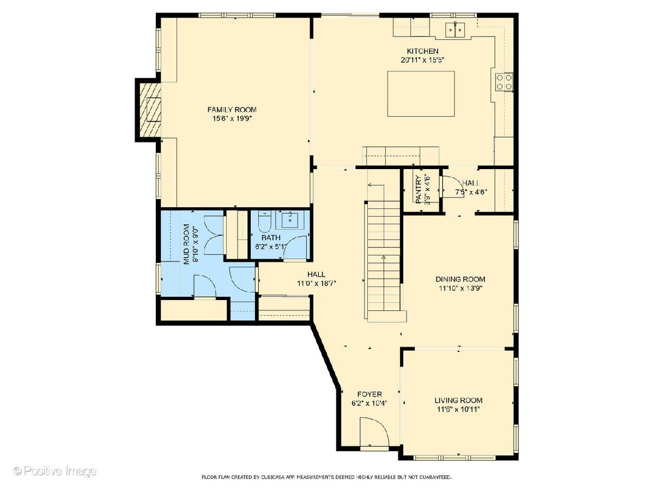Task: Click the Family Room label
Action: [x=232, y=110]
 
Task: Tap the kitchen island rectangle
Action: [x=421, y=94]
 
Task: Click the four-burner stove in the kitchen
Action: [x=504, y=82]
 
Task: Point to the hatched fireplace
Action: [x=150, y=110]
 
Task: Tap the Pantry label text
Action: [x=419, y=190]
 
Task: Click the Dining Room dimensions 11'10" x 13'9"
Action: [x=461, y=288]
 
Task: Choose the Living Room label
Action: [x=458, y=400]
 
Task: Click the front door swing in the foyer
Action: [x=374, y=433]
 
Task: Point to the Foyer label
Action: [x=370, y=394]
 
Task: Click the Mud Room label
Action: [x=186, y=244]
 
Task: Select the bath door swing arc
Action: [x=295, y=248]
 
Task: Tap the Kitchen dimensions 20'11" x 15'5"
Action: [x=422, y=60]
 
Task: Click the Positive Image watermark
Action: [x=55, y=471]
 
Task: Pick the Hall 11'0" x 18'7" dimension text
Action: [x=317, y=283]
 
